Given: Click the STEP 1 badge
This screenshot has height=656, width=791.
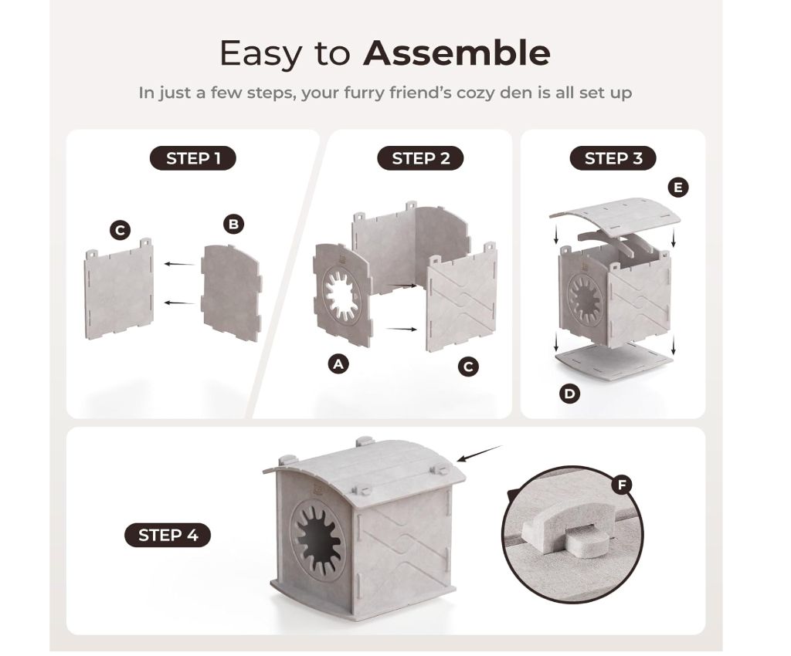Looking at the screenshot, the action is point(192,158).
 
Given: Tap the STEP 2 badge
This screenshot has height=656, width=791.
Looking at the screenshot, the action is point(420,158).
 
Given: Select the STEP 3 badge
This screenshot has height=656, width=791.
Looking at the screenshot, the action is point(613,158).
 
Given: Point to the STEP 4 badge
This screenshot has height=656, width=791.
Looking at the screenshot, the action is point(168,535).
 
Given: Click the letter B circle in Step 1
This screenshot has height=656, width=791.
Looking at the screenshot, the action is point(233,224).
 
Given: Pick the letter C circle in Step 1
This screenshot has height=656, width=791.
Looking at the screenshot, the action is point(120,231).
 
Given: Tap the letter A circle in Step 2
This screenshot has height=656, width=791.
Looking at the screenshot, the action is point(338,364).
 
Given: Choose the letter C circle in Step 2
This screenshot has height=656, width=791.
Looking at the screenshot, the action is point(468,367).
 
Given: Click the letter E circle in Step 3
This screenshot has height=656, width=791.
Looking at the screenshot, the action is point(678,188).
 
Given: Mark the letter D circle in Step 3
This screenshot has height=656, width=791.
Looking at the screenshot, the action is point(569,393).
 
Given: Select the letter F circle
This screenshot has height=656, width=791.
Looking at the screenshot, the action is point(622,485).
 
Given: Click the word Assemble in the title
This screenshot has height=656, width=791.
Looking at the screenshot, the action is point(457,53).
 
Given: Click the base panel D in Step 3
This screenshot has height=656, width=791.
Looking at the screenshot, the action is point(614,359).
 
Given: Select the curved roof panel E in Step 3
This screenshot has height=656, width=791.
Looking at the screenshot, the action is point(614,213).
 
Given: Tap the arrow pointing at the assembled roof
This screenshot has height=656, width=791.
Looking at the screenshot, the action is point(480,453).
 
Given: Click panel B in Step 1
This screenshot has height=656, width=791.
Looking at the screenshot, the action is point(232,293).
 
